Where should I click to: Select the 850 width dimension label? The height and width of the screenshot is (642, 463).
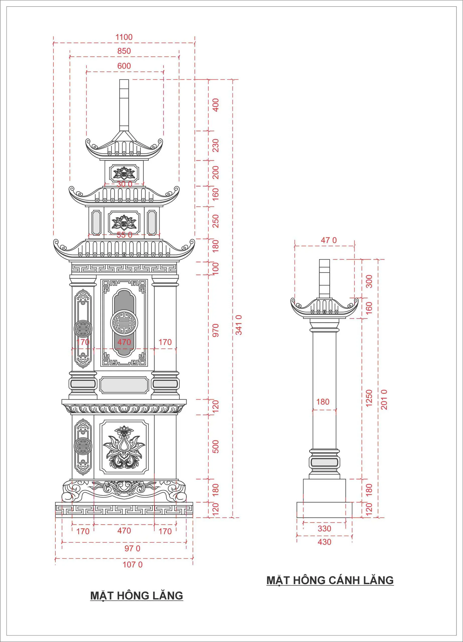point(124,51)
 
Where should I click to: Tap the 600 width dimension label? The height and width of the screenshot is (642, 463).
point(124,66)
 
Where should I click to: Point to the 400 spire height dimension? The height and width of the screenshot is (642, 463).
point(215,105)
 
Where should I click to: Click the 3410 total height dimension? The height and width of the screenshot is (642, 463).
point(239,325)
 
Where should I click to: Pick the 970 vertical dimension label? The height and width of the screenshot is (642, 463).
point(215,330)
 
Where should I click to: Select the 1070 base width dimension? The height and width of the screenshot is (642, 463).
point(132,565)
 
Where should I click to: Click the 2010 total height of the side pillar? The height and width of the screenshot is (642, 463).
point(384,399)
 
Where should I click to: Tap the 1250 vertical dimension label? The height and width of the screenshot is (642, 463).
point(369,398)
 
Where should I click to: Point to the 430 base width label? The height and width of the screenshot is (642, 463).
point(325,542)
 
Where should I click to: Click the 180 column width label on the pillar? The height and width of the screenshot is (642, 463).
point(323,402)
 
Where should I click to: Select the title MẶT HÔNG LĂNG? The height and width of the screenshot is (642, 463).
point(136,596)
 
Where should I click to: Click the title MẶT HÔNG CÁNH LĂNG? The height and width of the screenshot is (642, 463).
point(330,580)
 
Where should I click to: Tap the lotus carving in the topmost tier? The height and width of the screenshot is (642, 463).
point(124,173)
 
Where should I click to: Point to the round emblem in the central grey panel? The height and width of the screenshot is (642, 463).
point(124,323)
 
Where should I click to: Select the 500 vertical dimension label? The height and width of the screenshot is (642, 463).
point(215,447)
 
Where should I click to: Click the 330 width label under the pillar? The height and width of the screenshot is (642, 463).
point(325,528)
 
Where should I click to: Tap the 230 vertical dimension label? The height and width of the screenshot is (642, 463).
point(215,145)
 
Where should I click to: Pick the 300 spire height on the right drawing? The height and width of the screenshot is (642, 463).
point(369,281)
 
